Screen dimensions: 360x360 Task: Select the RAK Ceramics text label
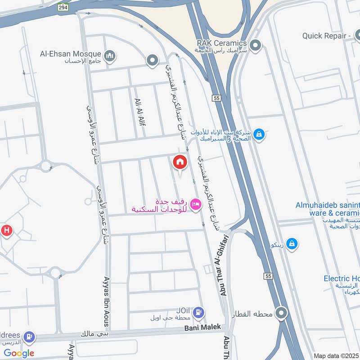pos(222,43)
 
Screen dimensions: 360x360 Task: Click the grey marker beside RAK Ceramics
pos(256,45)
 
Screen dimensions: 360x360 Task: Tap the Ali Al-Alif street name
pos(139,112)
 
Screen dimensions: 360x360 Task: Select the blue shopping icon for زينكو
pos(292,243)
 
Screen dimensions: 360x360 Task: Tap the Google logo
pos(19,353)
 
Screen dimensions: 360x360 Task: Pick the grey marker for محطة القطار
pos(282,312)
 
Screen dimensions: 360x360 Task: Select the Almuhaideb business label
pos(328,205)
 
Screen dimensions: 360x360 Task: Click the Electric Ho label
pos(341,279)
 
